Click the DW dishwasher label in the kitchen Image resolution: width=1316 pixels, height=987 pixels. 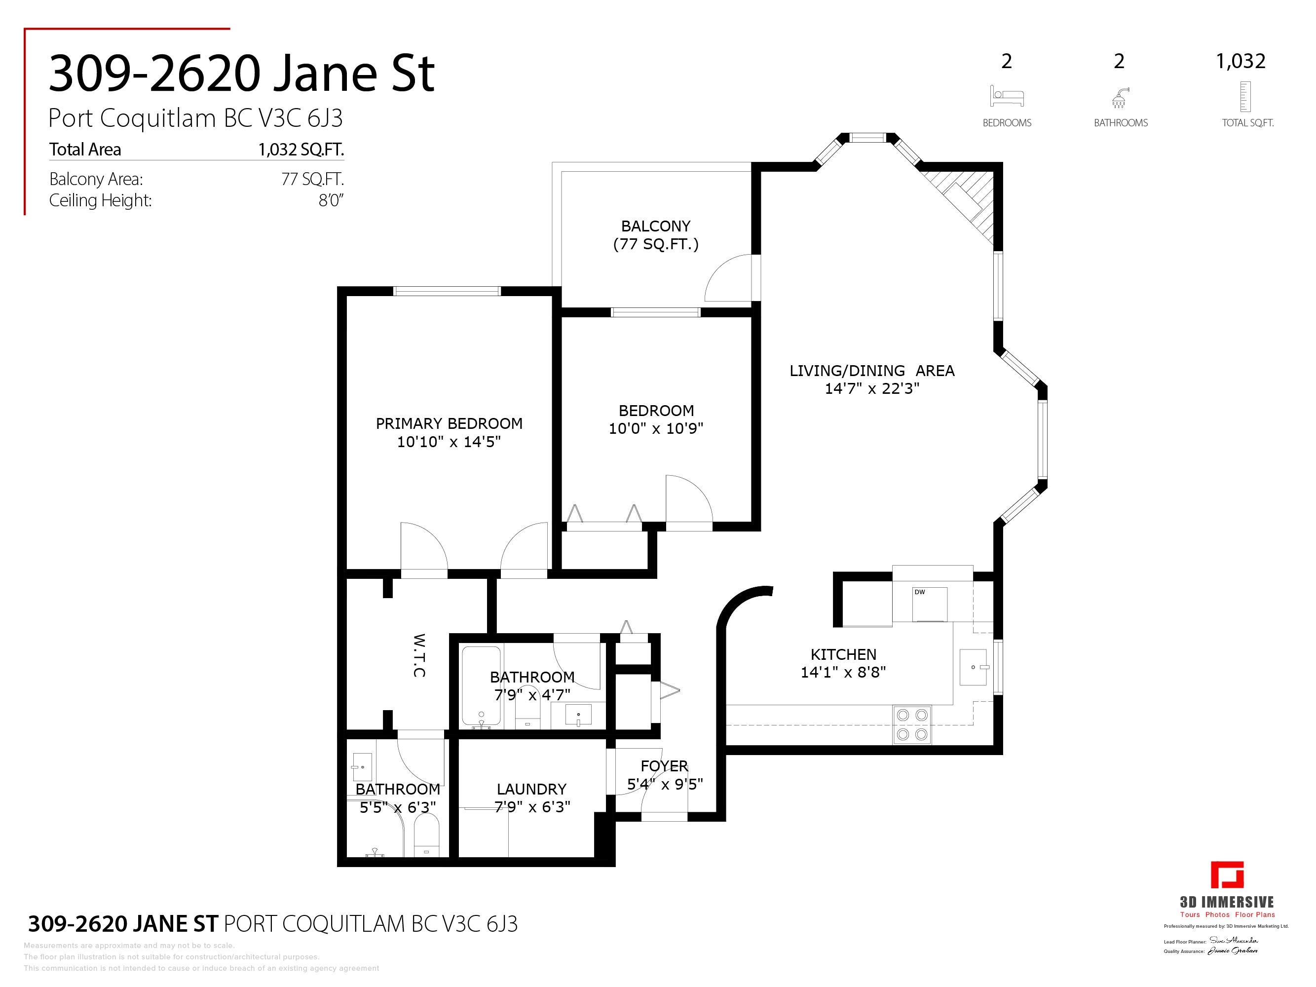pyautogui.click(x=920, y=592)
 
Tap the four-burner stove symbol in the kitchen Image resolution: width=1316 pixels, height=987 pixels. pyautogui.click(x=913, y=724)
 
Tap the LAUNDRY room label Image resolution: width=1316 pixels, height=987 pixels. pyautogui.click(x=531, y=789)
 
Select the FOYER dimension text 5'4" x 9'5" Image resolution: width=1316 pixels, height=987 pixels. pyautogui.click(x=665, y=784)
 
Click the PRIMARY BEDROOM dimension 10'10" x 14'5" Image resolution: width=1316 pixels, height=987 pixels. pyautogui.click(x=449, y=442)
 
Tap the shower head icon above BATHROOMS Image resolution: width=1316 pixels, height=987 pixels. pyautogui.click(x=1120, y=98)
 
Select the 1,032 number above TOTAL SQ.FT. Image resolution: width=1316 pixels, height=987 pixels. pyautogui.click(x=1241, y=61)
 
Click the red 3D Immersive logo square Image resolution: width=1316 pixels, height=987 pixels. pyautogui.click(x=1227, y=875)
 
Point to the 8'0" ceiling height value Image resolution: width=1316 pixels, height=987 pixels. pyautogui.click(x=331, y=200)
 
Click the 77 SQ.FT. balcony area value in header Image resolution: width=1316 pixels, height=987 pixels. pyautogui.click(x=312, y=179)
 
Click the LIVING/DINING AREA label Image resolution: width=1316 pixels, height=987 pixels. pyautogui.click(x=871, y=371)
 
